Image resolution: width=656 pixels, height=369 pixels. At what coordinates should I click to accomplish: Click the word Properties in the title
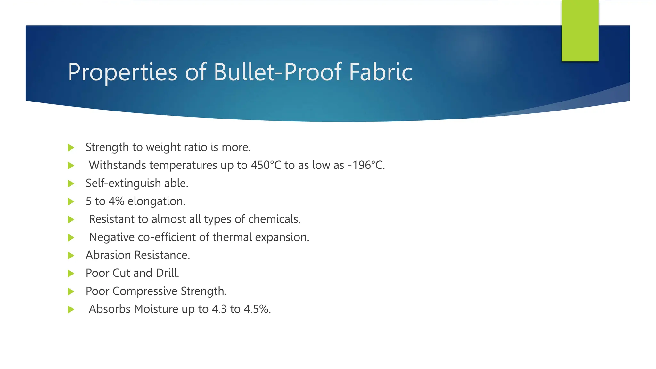point(122,72)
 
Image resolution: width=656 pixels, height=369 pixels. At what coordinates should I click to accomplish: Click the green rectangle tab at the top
point(580,31)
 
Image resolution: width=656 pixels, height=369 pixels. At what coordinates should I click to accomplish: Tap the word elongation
point(156,201)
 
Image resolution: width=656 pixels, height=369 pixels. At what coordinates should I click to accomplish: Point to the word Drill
point(167,273)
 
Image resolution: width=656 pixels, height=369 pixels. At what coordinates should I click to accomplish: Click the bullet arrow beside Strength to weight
point(71,148)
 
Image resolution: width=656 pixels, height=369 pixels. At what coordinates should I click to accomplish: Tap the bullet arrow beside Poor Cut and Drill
point(71,274)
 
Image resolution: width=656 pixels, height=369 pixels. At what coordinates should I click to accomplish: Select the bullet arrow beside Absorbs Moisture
point(71,309)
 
